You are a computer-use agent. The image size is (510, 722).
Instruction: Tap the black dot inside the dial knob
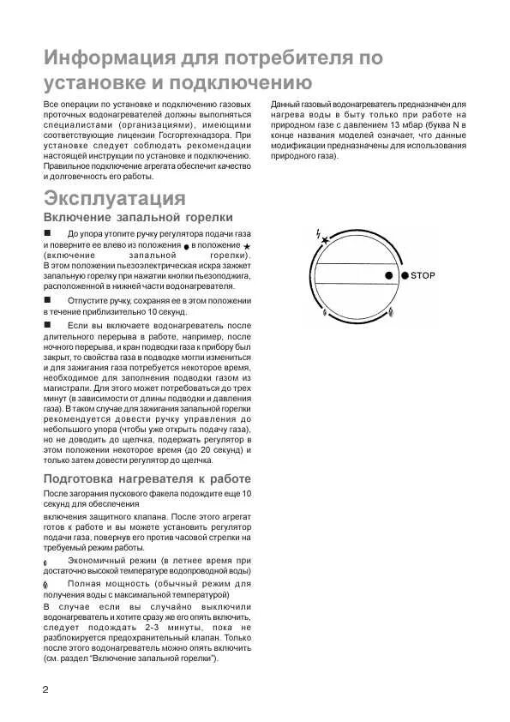[x=387, y=275]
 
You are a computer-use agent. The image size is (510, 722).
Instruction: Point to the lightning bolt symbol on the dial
[x=319, y=232]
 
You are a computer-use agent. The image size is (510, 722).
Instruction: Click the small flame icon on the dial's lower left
[x=324, y=312]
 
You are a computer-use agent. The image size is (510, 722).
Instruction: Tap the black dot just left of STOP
[x=405, y=275]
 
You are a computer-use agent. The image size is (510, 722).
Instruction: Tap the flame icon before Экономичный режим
[x=45, y=559]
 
